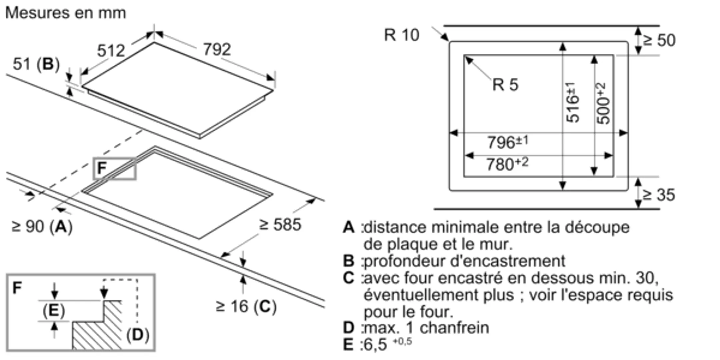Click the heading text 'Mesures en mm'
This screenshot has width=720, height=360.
coord(66,13)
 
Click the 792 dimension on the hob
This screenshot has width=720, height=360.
coord(217,50)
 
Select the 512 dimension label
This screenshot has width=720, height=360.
coord(111,51)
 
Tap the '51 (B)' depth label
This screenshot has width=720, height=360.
coord(36,64)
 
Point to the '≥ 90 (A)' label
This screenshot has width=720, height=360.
coord(42,227)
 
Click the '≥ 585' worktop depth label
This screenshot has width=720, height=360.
coord(280,225)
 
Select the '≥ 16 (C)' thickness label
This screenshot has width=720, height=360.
coord(246,306)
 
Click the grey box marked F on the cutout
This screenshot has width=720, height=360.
coord(114,169)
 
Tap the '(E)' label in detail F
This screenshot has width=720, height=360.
coord(54,311)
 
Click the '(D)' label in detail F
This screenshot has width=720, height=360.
coord(138,334)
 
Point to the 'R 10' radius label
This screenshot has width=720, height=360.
coord(402,35)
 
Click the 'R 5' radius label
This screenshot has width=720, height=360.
coord(505,85)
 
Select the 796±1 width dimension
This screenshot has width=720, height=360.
coord(507,142)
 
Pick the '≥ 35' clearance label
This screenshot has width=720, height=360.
coord(659,195)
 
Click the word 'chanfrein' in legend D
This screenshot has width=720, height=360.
coord(454,328)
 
